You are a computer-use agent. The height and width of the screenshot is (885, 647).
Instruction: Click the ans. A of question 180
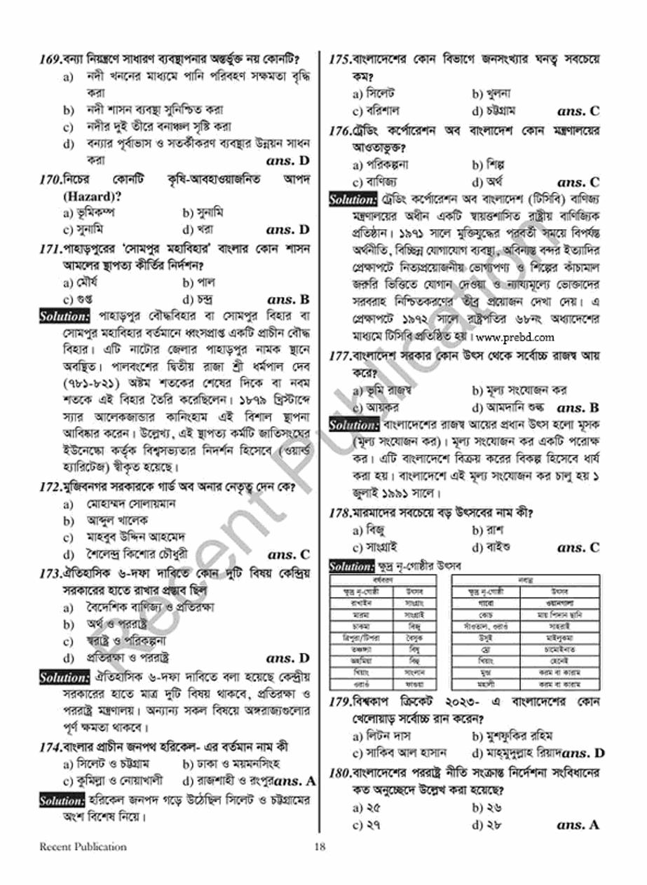578,825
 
